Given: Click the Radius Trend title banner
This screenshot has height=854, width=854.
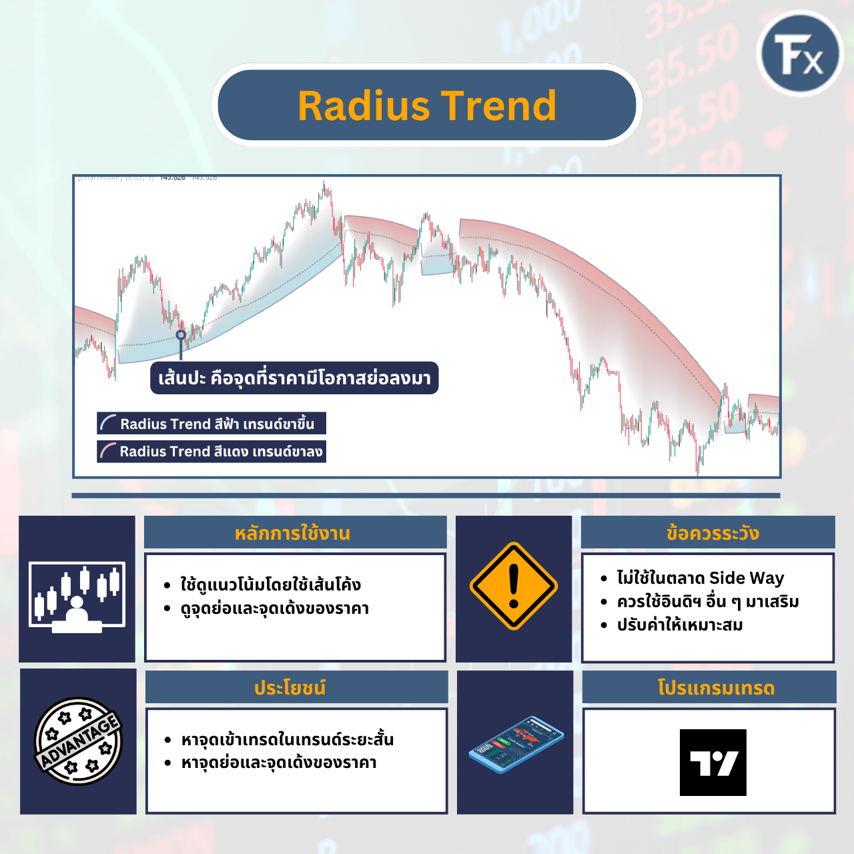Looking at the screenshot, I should click(427, 105).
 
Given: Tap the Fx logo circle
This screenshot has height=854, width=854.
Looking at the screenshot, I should click(800, 53).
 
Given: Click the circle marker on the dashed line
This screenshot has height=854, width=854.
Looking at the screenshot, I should click(181, 335).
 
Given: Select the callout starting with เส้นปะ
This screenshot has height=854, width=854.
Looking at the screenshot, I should click(294, 378).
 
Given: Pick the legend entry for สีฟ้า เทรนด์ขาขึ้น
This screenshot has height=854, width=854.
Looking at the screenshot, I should click(211, 424).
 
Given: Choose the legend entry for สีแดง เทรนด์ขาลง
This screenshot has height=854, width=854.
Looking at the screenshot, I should click(211, 452).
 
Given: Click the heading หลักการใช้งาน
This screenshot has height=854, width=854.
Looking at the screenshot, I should click(292, 533).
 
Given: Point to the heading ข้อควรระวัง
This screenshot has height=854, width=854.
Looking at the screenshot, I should click(713, 533).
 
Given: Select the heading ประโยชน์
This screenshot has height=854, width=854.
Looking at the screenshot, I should click(290, 688).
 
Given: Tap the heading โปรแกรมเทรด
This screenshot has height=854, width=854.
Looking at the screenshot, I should click(716, 688).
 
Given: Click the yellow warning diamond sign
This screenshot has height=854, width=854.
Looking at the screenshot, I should click(513, 586).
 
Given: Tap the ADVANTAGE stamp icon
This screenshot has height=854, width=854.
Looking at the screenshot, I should click(78, 741).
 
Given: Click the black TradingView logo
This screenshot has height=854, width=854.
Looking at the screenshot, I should click(713, 762).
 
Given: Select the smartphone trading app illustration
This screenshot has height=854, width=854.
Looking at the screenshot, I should click(516, 745).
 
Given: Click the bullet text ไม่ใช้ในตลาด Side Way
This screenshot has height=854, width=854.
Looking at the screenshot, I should click(700, 578).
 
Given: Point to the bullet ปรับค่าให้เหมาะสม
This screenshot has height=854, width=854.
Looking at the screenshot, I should click(679, 625).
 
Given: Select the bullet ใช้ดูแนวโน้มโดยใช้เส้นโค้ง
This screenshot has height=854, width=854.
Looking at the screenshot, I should click(270, 585).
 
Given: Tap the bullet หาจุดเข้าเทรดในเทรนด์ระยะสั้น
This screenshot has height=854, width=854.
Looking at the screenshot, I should click(287, 739).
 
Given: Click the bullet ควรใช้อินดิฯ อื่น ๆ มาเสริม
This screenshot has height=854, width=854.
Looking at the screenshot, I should click(707, 602).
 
